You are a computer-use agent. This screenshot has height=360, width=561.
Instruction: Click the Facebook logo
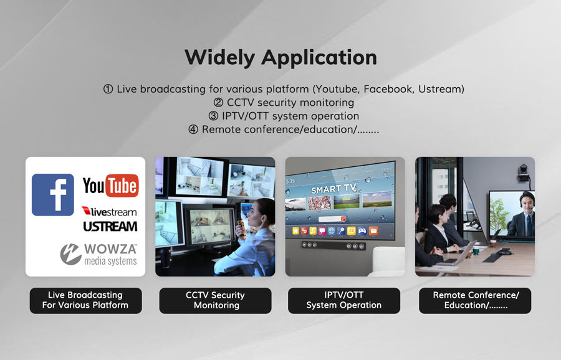[52, 195]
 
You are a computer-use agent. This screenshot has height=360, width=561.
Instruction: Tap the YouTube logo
[110, 186]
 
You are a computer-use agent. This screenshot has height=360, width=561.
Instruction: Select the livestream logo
[109, 211]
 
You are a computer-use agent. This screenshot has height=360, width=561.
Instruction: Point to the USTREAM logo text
[110, 227]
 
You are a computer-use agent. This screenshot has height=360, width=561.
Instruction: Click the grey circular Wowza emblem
[71, 254]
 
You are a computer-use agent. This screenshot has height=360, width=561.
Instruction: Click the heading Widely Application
[281, 57]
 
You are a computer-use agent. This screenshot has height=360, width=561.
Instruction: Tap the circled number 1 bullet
[108, 89]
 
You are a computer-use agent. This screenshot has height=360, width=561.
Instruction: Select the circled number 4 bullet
[193, 130]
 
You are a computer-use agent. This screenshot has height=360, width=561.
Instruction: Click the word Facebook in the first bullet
[388, 88]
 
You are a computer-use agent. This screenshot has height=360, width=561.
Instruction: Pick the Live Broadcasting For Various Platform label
[85, 301]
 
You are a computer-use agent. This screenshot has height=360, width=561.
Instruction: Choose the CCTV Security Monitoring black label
[216, 301]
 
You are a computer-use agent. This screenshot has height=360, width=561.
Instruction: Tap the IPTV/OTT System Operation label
[344, 301]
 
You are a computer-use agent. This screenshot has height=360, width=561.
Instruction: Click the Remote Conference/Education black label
[475, 301]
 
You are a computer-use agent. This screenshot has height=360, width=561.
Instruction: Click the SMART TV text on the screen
[334, 188]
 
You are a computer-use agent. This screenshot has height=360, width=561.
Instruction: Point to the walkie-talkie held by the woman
[242, 229]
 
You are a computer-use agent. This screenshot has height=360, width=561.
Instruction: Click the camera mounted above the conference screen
[524, 173]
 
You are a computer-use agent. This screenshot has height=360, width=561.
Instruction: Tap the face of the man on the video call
[527, 203]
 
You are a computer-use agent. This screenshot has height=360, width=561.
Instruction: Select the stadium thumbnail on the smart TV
[347, 201]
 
